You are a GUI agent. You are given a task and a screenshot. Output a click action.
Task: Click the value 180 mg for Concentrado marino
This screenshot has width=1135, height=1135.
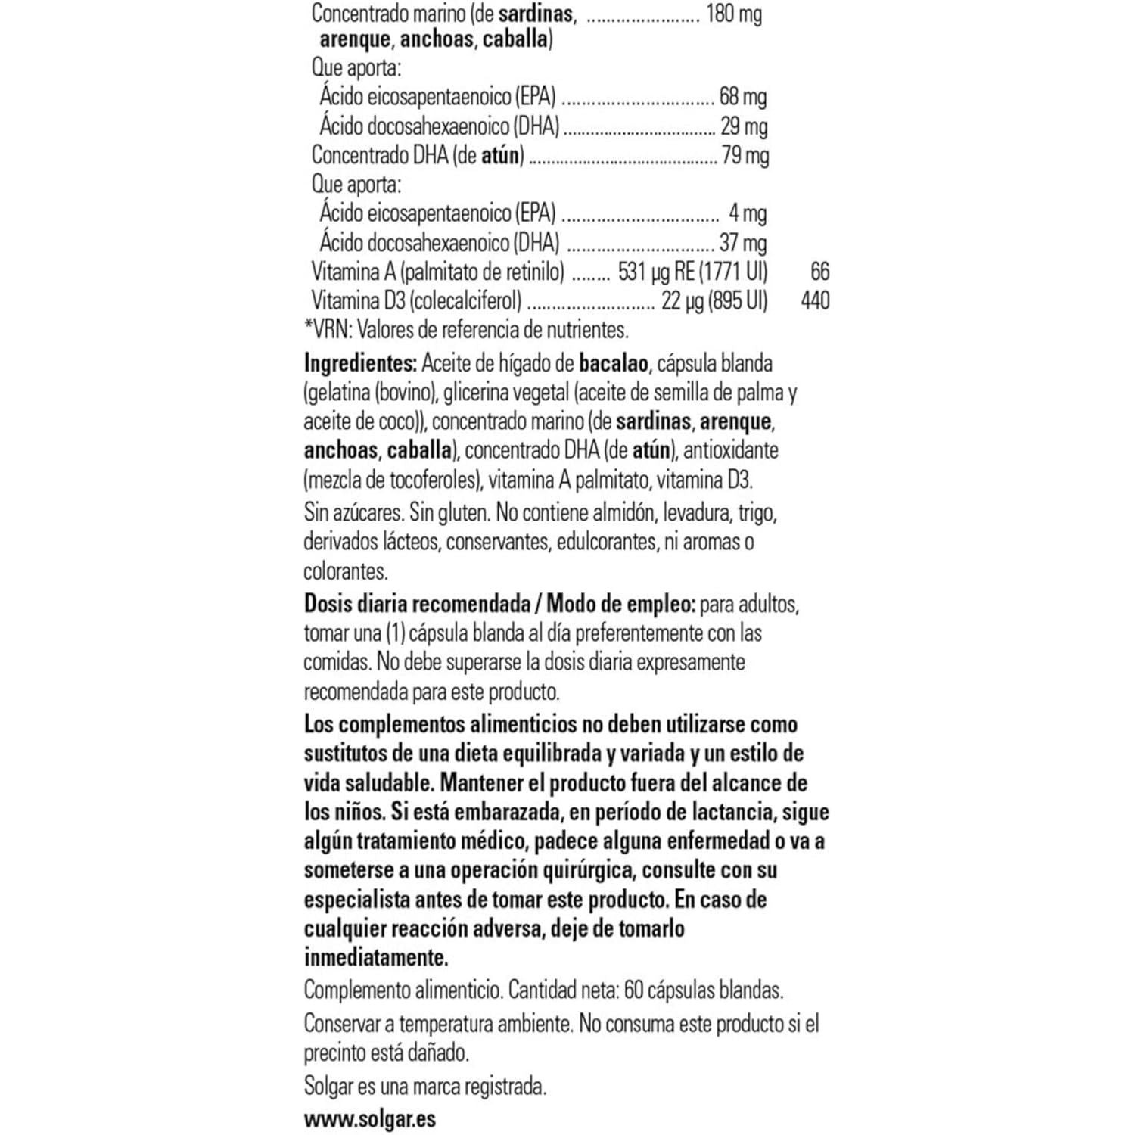[x=733, y=14]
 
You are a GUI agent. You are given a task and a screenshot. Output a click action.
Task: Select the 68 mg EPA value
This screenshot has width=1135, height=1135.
[x=743, y=97]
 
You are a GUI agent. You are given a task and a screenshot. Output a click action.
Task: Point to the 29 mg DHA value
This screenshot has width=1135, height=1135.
[x=744, y=126]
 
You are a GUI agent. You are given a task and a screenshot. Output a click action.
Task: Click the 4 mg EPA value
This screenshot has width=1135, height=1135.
[x=748, y=214]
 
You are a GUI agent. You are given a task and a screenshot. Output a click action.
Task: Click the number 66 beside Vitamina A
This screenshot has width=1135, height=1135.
[x=819, y=272]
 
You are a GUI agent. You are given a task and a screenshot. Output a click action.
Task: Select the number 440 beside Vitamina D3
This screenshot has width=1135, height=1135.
[x=815, y=301]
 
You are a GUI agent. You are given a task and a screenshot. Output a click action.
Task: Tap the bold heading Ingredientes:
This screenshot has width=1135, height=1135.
[x=360, y=364]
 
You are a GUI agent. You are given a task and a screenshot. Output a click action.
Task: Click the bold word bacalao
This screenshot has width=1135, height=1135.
[x=614, y=364]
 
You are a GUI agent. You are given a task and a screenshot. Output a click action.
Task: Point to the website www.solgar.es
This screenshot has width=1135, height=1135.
[x=370, y=1119]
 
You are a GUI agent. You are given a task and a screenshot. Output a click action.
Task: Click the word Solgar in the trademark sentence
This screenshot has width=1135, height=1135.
[x=328, y=1087]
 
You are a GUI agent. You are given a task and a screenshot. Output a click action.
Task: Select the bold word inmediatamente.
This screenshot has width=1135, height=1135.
[x=376, y=958]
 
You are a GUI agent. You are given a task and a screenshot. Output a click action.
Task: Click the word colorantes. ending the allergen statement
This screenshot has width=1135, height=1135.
[x=346, y=571]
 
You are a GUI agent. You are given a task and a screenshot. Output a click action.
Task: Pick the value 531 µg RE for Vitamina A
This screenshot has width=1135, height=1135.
[x=656, y=272]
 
